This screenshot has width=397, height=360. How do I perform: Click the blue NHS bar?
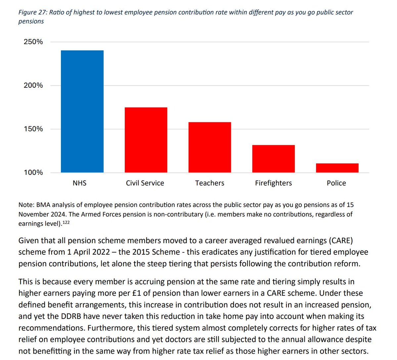(82, 111)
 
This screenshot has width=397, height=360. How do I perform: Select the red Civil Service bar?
(146, 140)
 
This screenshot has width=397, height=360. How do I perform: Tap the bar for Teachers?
(209, 147)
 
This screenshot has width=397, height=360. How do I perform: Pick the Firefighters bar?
(273, 159)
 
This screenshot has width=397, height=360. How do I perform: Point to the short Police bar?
(337, 168)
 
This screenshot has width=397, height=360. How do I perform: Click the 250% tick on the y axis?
(33, 42)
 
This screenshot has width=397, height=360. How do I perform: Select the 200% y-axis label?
(33, 85)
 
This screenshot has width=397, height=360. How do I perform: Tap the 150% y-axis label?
(33, 129)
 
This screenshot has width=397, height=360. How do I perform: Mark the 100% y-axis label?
(33, 172)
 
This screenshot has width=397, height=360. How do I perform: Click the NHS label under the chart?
(79, 183)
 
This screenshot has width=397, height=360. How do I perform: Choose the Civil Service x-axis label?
(145, 183)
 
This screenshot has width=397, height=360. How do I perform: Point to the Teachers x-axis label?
(210, 183)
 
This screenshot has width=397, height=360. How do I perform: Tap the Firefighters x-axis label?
(273, 183)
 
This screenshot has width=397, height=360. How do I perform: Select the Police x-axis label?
(336, 183)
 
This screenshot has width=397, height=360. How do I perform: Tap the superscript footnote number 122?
(66, 223)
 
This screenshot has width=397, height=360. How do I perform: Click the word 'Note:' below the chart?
(26, 205)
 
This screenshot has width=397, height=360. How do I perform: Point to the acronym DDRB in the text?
(71, 316)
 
